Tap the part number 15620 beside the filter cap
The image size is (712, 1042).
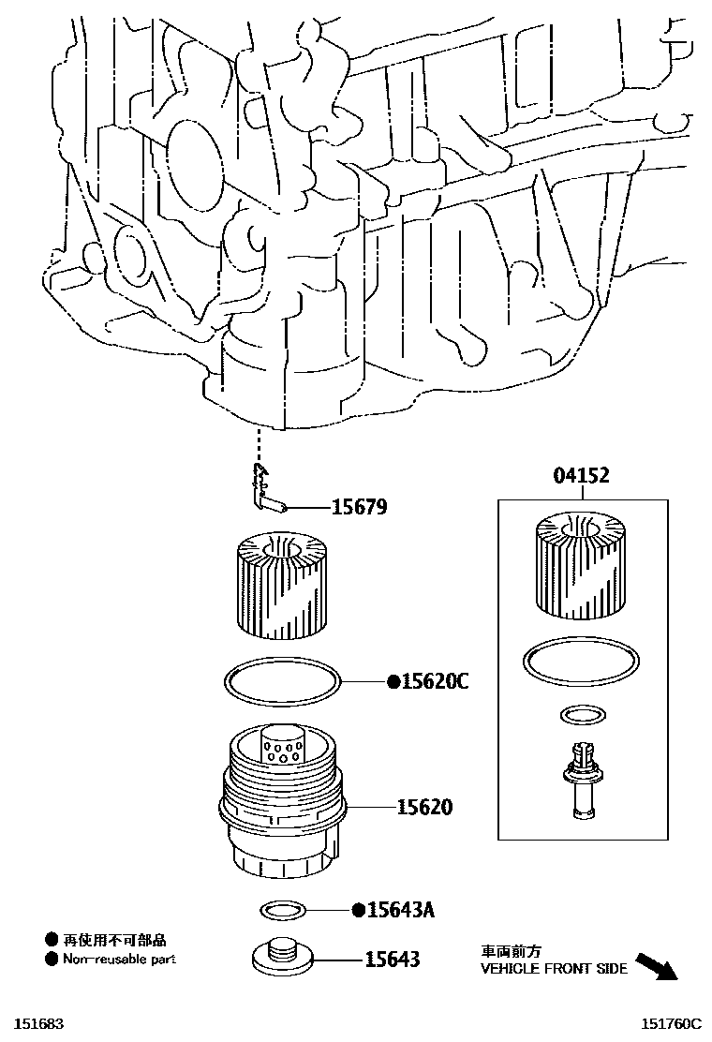coord(423,806)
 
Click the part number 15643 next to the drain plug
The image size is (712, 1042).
coord(393,960)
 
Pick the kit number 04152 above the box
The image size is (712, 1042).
coord(581,476)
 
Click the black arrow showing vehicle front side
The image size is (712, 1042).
coord(655,965)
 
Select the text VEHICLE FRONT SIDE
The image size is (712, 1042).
coord(555,969)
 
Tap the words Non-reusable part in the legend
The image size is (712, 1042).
coord(119,959)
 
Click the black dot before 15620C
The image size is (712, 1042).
coord(393,682)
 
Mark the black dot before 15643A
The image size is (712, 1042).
coord(358,910)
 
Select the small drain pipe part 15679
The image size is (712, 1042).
coord(268,492)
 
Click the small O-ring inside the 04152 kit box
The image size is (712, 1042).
coord(580,716)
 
